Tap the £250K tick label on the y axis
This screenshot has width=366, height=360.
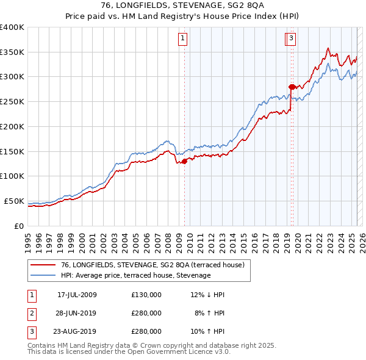coord(12,101)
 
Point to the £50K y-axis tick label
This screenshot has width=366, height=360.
coord(14,201)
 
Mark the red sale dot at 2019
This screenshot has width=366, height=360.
coord(291,87)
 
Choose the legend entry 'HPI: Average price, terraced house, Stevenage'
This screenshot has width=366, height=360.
coord(135,276)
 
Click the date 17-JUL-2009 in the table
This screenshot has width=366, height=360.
coord(77,295)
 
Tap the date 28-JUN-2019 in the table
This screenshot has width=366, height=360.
coord(77,313)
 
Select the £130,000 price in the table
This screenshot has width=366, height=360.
coord(146,295)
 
